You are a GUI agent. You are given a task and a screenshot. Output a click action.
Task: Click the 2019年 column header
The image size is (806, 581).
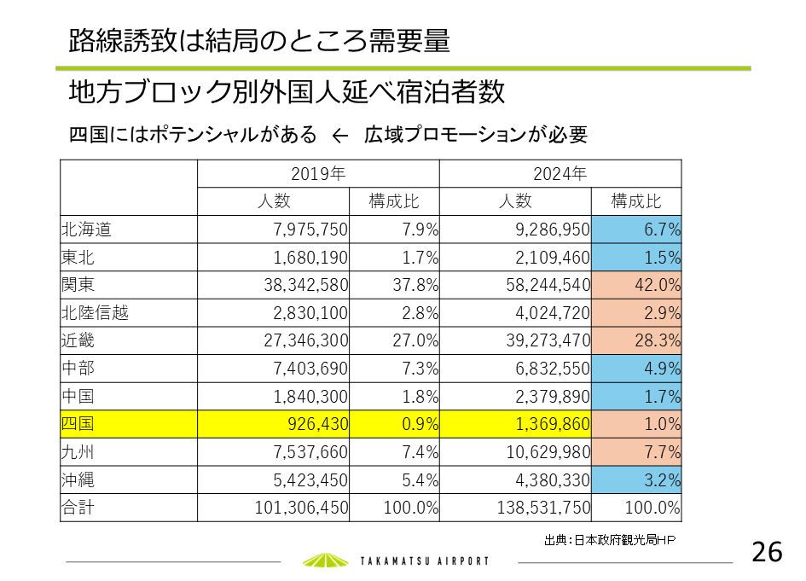click(x=318, y=173)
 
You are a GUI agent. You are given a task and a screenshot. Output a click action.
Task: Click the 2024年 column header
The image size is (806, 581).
click(x=560, y=173)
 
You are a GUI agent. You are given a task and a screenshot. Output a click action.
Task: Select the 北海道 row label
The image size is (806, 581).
click(x=87, y=229)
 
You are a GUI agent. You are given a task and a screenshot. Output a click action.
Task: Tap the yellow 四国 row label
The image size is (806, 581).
click(x=78, y=424)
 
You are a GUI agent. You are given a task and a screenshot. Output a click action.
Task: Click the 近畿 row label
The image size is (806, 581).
click(x=78, y=340)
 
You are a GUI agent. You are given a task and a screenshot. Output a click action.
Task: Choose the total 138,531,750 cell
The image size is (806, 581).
click(x=543, y=508)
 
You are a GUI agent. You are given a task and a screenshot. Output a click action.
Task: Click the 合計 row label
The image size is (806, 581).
click(x=78, y=508)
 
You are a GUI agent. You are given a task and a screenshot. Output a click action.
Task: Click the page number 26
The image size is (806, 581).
click(x=767, y=552)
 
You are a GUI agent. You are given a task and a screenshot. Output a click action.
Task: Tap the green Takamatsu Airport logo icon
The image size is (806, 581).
click(x=327, y=560)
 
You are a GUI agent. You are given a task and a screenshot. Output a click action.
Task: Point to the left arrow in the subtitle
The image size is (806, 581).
click(x=340, y=136)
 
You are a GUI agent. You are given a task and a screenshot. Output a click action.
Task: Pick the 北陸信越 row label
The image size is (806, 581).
click(x=96, y=312)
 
